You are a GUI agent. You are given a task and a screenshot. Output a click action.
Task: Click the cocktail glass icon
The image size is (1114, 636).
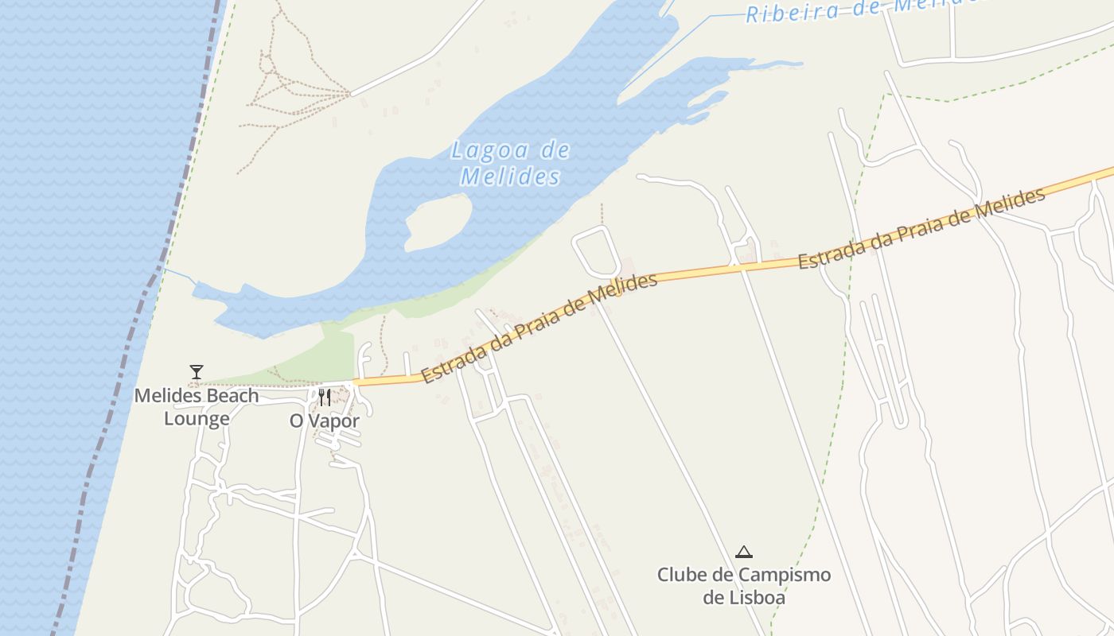(197, 371)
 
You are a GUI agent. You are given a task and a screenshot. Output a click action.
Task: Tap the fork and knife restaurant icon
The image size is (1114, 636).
(324, 397)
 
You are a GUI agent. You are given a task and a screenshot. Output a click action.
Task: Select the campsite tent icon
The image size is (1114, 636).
(744, 552)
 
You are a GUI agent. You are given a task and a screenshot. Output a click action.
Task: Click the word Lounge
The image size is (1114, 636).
(197, 419)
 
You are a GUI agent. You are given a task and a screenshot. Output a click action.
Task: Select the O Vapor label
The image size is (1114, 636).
(325, 421)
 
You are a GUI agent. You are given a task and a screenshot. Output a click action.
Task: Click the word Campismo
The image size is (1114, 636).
(784, 575)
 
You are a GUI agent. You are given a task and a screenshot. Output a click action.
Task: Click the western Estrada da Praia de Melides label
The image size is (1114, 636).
(539, 328)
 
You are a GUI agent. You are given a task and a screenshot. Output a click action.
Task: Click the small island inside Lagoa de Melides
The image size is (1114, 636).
(438, 223)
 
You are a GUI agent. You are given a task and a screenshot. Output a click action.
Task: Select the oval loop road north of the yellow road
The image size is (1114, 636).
(596, 252)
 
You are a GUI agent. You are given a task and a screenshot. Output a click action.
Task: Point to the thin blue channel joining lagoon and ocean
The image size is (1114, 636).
(180, 277)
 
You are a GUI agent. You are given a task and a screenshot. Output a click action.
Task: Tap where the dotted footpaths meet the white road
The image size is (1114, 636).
(349, 94)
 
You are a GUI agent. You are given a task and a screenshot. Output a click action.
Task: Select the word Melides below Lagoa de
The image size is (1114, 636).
(510, 176)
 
